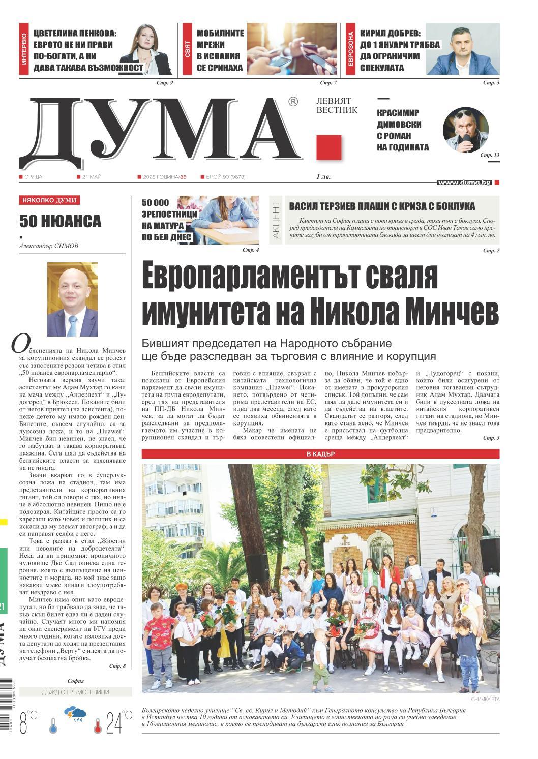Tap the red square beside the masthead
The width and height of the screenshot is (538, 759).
click(328, 148)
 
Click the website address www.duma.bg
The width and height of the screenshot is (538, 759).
click(464, 182)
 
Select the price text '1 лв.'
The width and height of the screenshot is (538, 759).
click(323, 177)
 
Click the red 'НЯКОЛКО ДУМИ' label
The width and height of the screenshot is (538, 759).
click(50, 201)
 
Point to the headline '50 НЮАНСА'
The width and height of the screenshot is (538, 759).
click(60, 222)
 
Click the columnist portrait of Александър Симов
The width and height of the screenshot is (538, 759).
click(72, 299)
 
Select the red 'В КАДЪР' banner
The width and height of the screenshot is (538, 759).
click(320, 454)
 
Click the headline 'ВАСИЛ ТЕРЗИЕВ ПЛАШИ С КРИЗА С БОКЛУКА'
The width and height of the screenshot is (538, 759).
click(382, 206)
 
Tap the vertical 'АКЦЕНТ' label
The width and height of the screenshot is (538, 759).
click(276, 220)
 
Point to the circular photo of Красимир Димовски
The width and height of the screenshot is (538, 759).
click(465, 130)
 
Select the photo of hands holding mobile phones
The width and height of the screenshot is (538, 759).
click(291, 49)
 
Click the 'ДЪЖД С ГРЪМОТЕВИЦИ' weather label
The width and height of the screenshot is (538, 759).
click(75, 692)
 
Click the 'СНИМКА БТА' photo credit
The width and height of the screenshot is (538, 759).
click(485, 700)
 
